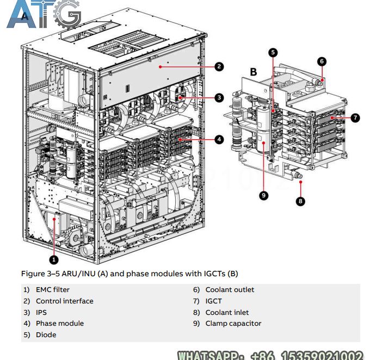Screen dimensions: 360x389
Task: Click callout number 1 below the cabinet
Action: point(54,259)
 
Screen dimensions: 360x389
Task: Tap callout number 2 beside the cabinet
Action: point(219,67)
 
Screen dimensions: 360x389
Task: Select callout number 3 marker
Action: point(219,98)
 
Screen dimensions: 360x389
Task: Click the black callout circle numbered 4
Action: point(219,139)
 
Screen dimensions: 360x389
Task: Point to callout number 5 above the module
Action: point(273,53)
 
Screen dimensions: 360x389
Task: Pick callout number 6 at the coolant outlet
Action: point(322,61)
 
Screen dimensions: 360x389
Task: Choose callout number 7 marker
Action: point(355,117)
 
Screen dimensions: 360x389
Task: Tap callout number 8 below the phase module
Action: point(300,201)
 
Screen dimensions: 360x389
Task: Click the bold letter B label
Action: point(254,72)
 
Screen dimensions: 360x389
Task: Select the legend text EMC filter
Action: point(53,290)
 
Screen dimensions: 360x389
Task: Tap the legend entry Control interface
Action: point(64,301)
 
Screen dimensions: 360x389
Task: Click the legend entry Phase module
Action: point(60,324)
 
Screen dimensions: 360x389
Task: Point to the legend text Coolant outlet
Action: point(230,290)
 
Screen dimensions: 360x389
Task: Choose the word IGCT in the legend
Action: point(213,301)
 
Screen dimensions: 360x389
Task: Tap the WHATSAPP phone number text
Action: point(271,355)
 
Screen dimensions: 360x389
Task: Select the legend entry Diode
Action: point(46,335)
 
